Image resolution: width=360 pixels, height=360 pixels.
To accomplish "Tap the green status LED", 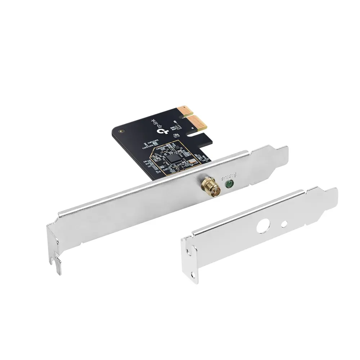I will pos(228,185).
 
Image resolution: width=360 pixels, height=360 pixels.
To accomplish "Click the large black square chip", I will pos(172,158).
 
